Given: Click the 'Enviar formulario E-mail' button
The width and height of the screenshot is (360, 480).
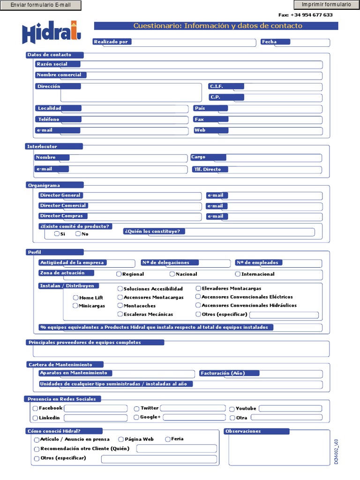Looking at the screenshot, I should pos(40,6).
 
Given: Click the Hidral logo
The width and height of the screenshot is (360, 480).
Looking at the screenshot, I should pos(52,33).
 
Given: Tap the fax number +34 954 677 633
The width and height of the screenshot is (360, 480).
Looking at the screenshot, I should pos(306,15).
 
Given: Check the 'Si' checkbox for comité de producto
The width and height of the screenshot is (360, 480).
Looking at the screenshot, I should pos(57,233).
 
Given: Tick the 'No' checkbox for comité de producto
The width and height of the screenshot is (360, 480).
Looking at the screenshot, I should pos(78,233).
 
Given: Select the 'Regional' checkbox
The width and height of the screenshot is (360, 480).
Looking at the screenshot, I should pos(119,274).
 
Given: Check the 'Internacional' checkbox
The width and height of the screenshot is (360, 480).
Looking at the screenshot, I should pos(238,274).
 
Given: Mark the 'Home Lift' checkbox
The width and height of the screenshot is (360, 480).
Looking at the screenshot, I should pos(76,298).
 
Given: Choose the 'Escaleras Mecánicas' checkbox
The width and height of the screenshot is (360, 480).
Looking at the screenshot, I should pos(120,314).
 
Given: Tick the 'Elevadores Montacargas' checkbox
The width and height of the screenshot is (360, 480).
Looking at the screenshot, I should pos(198,288).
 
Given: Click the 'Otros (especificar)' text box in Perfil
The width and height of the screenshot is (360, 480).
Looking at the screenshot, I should pos(284,315).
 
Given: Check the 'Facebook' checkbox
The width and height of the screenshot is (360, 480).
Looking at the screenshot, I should pos(36,408).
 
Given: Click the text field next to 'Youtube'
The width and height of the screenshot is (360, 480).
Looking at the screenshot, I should pos(290,408).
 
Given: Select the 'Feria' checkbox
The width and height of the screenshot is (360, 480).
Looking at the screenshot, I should pos(168,439).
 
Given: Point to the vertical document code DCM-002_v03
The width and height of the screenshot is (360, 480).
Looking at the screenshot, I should pos(336,451).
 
